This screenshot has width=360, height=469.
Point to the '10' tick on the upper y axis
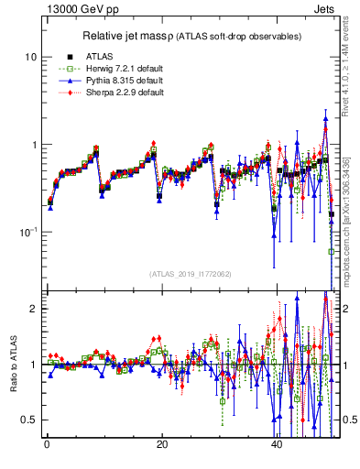tap(29, 57)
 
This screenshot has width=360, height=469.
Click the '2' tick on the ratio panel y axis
tap(33, 309)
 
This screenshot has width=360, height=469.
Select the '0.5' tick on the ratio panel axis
tap(28, 420)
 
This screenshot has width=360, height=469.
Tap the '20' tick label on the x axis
tap(161, 445)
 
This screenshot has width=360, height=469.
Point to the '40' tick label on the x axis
tap(277, 445)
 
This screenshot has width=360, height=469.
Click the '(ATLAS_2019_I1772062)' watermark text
tap(191, 274)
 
